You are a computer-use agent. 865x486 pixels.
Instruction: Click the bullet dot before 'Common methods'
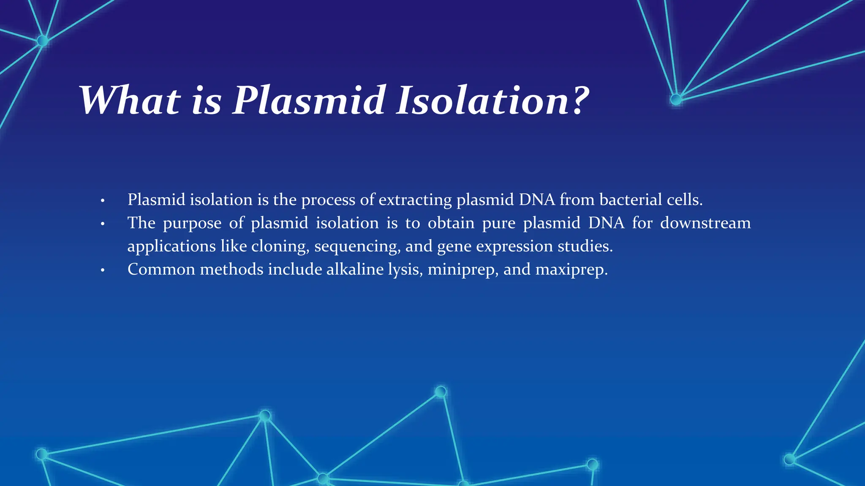point(103,270)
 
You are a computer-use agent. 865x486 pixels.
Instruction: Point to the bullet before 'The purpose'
point(103,224)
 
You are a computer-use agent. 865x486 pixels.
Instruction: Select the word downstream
point(705,223)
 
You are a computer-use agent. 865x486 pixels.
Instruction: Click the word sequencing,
point(357,246)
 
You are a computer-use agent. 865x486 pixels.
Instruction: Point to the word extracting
point(415,200)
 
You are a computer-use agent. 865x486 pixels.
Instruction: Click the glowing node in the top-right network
point(676,100)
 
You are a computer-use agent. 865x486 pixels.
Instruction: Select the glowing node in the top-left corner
point(43,40)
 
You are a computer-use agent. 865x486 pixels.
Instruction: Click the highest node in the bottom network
point(441,392)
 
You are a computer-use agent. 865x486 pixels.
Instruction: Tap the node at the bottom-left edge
point(42,454)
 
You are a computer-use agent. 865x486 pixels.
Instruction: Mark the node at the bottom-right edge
point(789,459)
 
